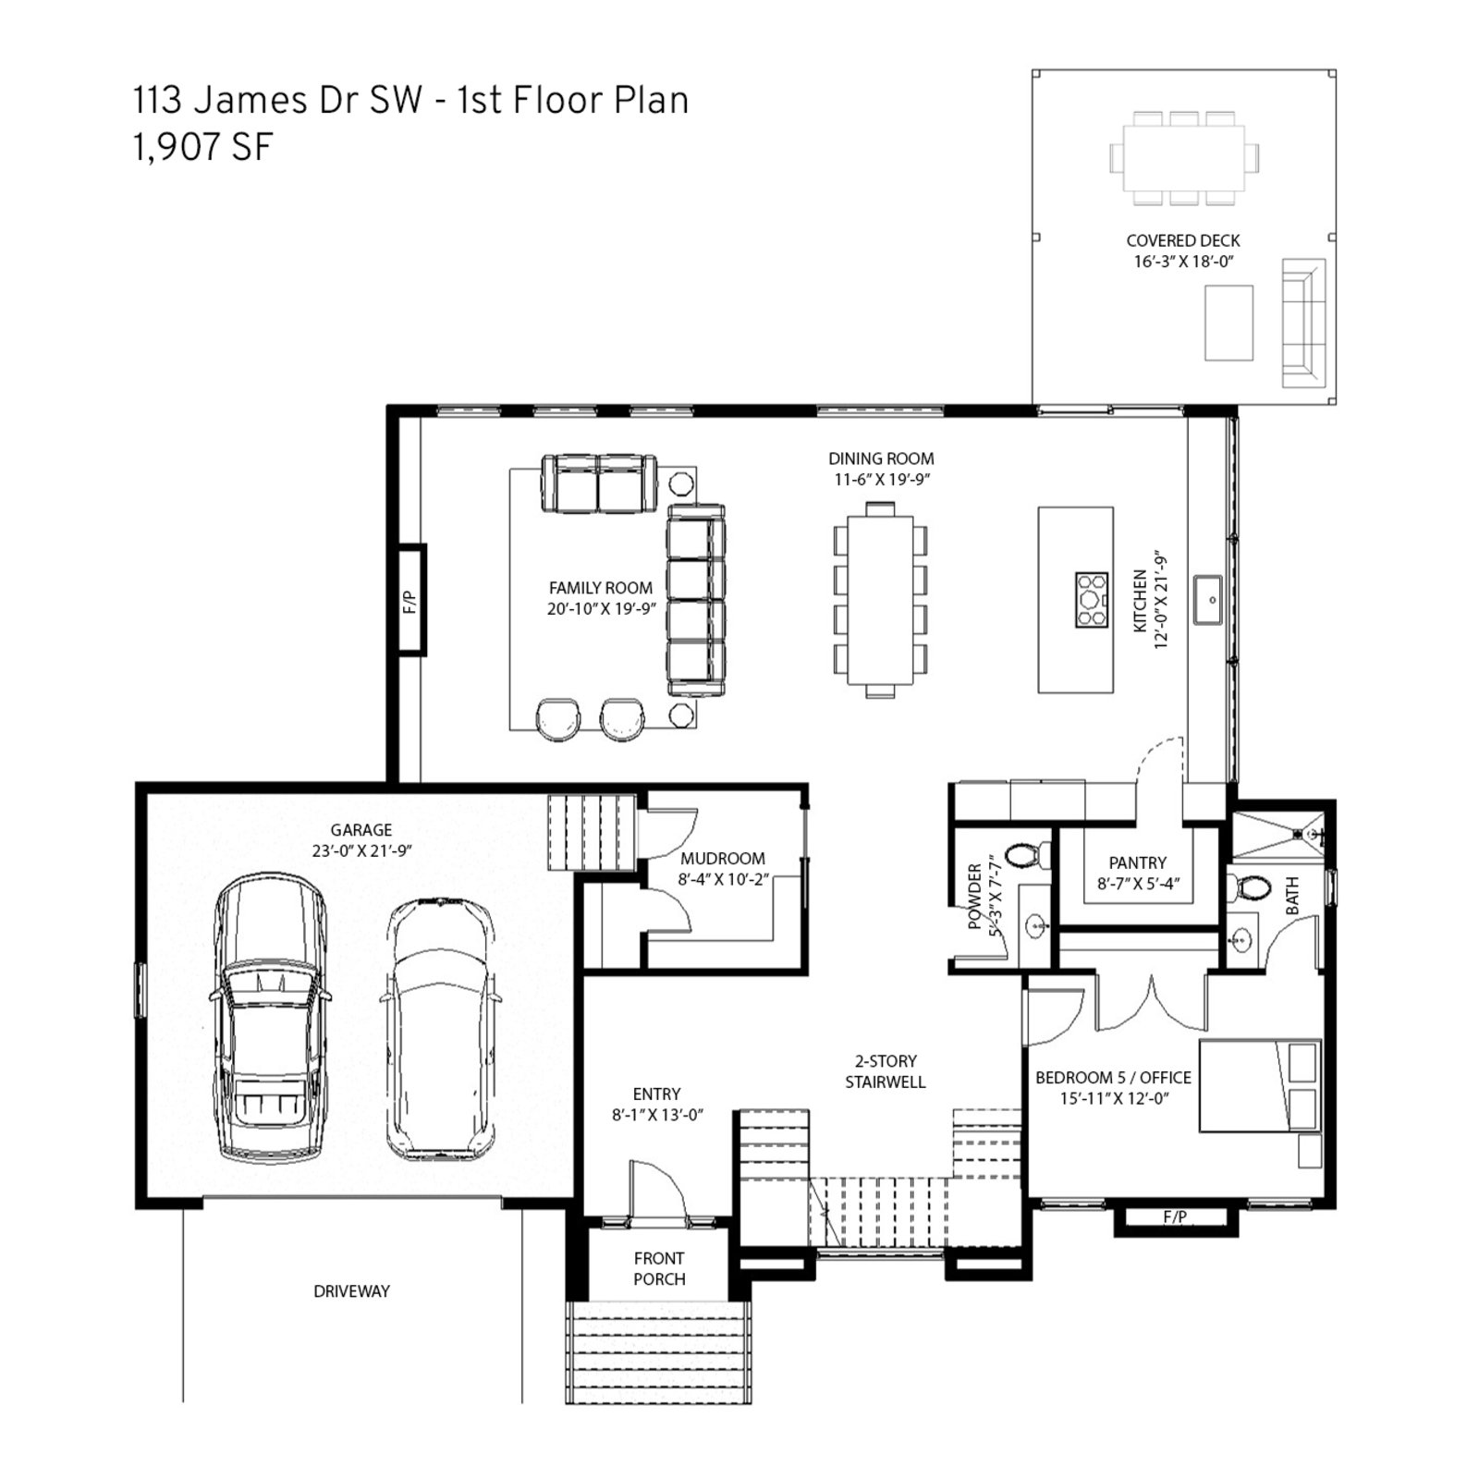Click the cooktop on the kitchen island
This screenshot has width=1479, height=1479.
click(1092, 600)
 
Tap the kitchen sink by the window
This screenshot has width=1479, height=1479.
click(1207, 600)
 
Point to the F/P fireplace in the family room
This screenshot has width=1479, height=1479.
click(411, 601)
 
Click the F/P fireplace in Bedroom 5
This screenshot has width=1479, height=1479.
click(1175, 1217)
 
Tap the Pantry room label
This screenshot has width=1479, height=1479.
click(1138, 862)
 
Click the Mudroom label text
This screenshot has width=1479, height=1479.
click(723, 859)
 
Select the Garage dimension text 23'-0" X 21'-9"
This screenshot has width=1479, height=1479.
click(361, 851)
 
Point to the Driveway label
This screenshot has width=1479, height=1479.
click(351, 1291)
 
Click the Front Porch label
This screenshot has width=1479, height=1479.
click(659, 1269)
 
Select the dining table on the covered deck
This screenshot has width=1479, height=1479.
click(1184, 158)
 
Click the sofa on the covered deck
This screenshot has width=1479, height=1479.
click(1303, 323)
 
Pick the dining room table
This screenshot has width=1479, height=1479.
click(880, 600)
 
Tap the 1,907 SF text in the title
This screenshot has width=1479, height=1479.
click(203, 148)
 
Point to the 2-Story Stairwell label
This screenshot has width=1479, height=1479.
click(886, 1071)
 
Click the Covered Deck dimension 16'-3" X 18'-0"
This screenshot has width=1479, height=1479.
click(1184, 262)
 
